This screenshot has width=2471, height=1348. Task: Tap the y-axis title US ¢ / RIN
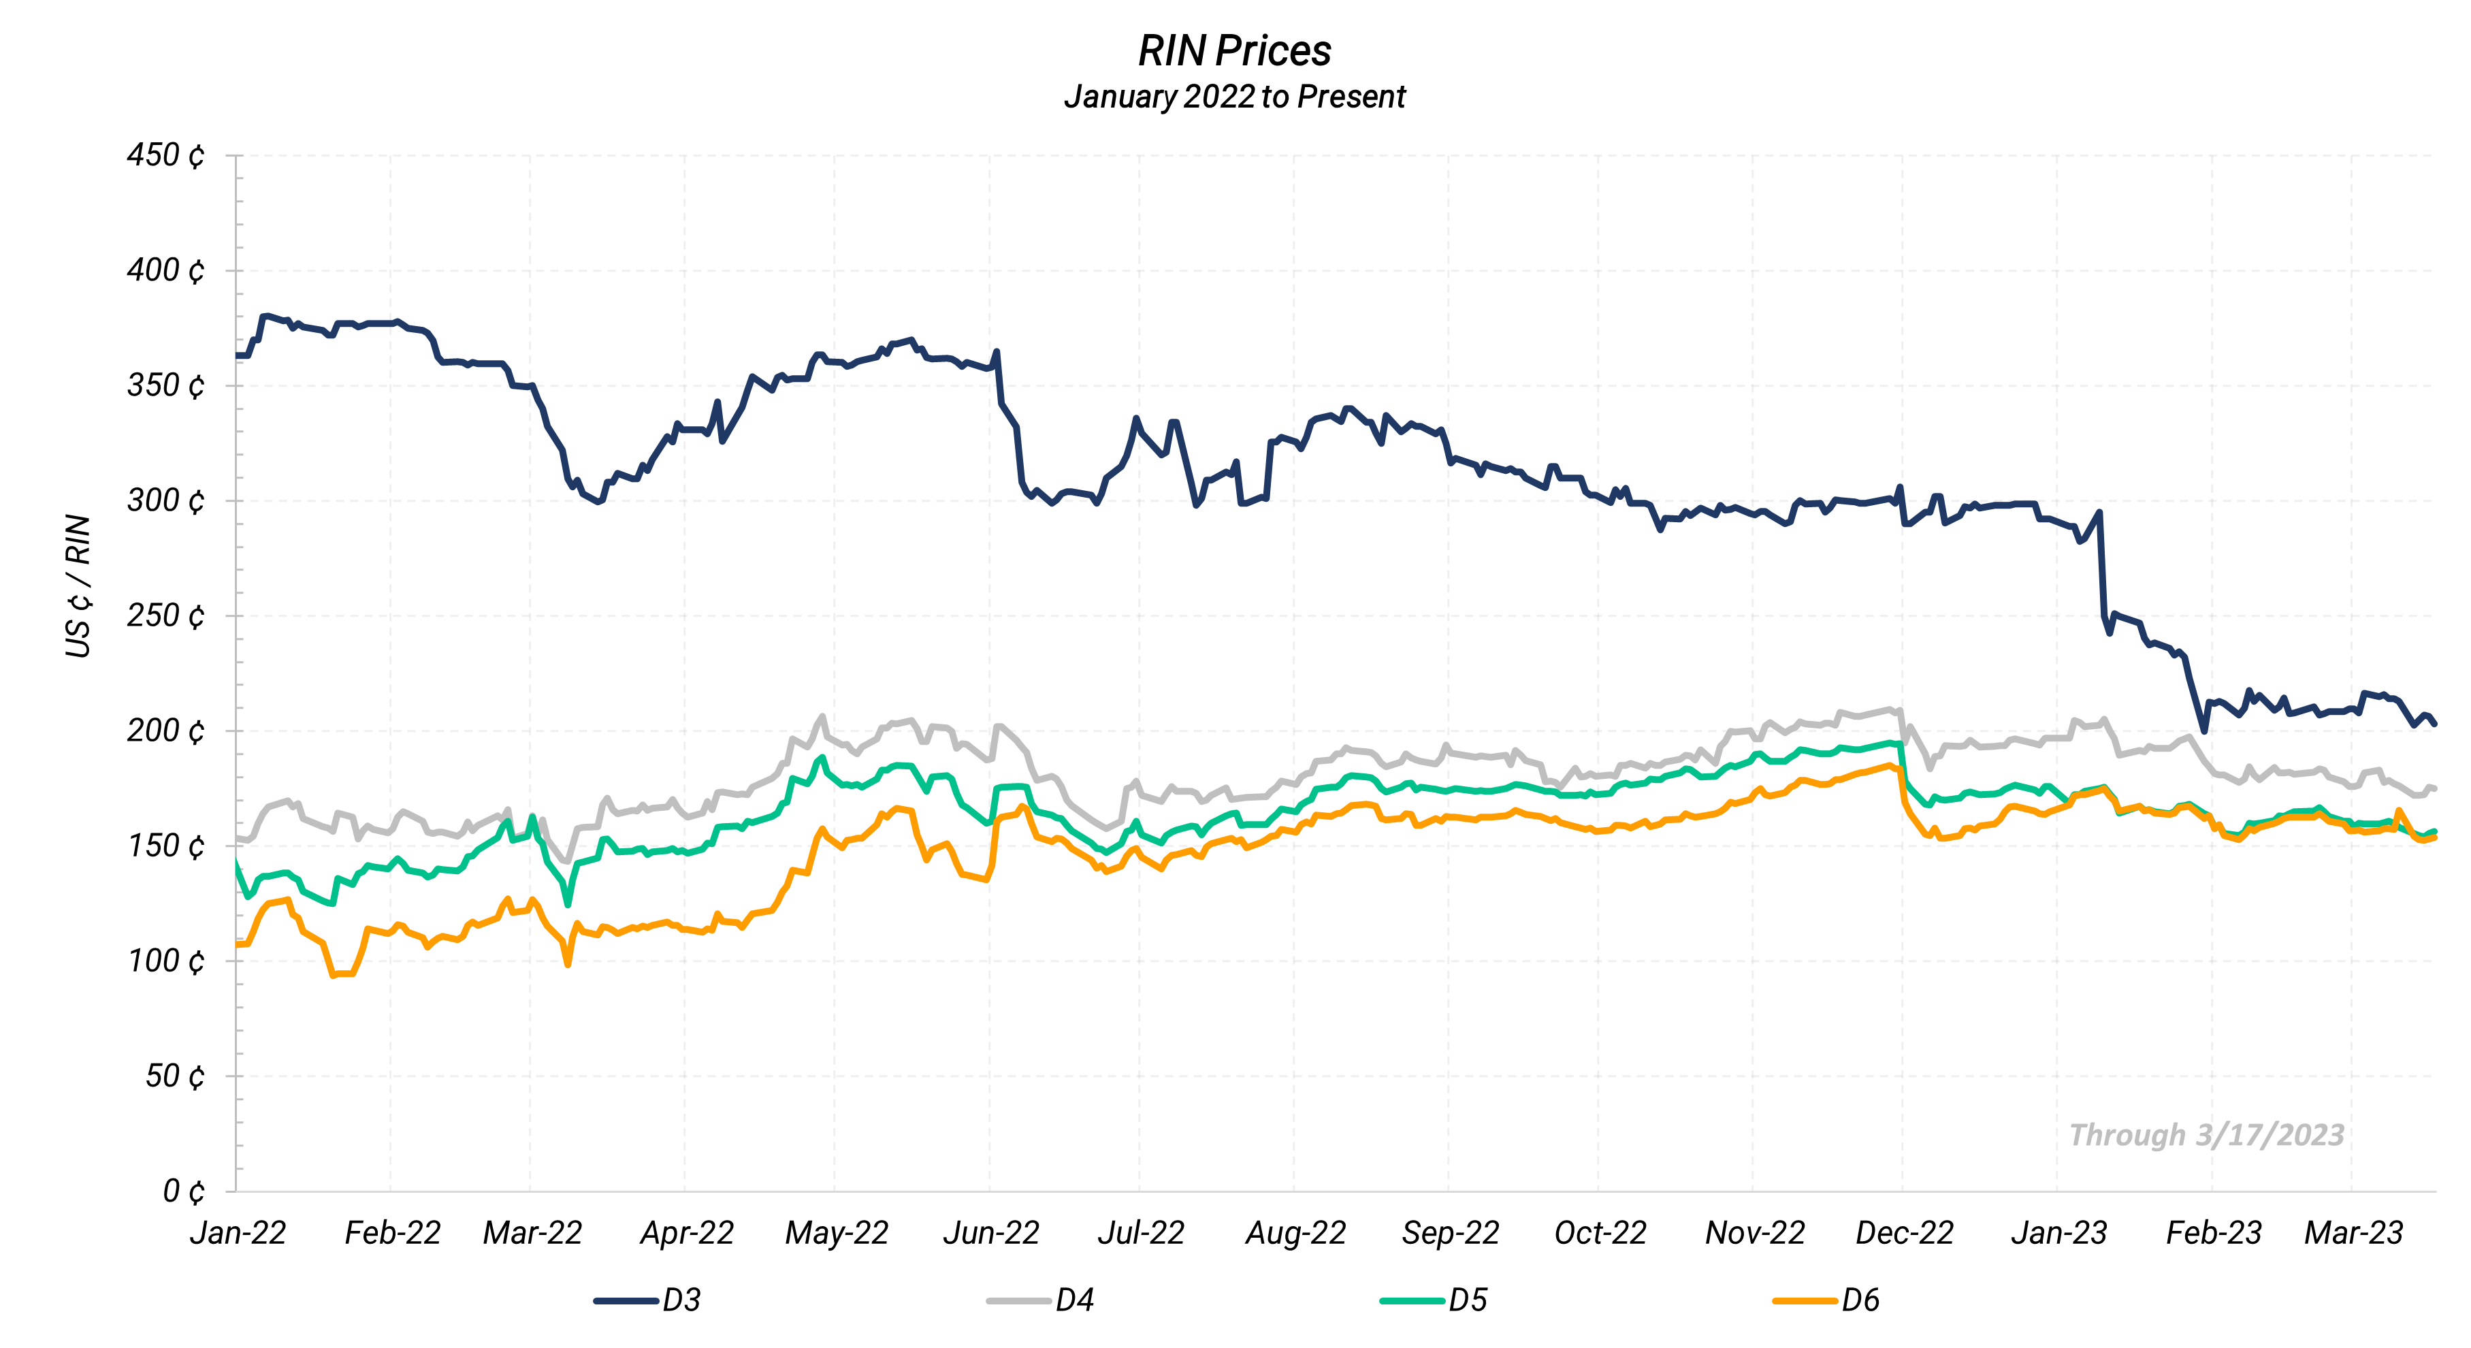coord(78,586)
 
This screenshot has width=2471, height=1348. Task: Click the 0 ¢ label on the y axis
coord(183,1191)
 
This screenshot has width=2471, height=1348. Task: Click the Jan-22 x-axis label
coord(238,1233)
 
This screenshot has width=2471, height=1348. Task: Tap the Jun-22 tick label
coord(991,1233)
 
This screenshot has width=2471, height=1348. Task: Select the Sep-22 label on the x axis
coord(1449,1233)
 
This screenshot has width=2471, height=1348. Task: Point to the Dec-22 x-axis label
coord(1904,1233)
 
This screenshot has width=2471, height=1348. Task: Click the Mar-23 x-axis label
coord(2353,1233)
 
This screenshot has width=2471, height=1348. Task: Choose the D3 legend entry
coord(649,1301)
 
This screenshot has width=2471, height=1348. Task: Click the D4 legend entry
coord(1041,1301)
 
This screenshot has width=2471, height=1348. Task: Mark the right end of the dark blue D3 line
coord(2434,724)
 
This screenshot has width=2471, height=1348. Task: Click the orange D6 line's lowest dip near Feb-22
coord(334,975)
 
